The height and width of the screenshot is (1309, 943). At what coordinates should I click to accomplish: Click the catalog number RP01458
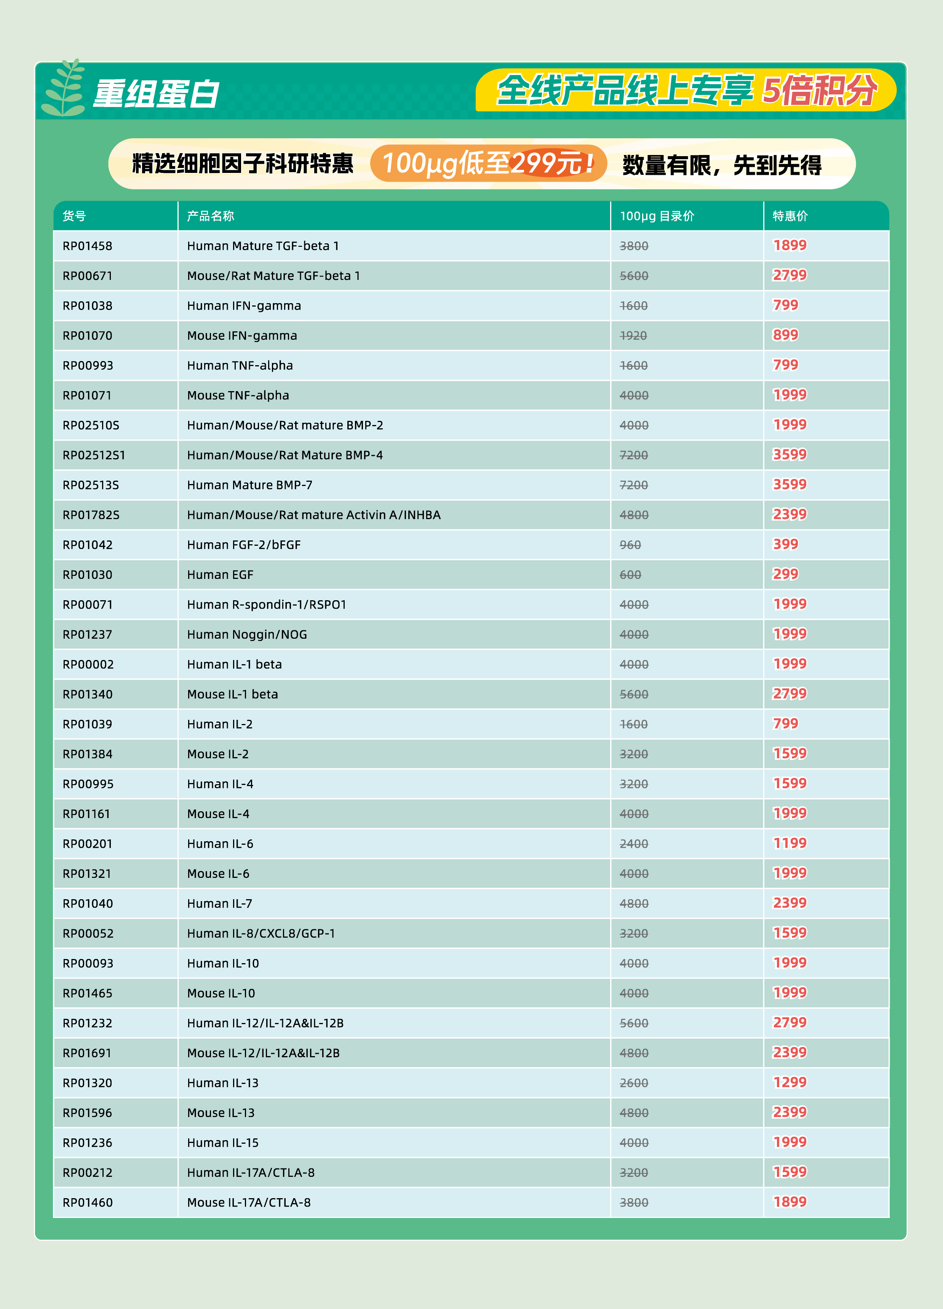click(x=87, y=246)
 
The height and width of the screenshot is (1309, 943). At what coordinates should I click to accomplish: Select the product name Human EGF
click(x=220, y=575)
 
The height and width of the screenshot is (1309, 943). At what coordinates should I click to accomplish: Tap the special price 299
click(x=785, y=574)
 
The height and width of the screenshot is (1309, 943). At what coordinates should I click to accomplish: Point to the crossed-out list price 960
click(x=630, y=545)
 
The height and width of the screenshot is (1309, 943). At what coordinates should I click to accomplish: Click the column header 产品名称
click(x=210, y=216)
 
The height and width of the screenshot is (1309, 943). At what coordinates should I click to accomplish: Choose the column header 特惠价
click(x=790, y=216)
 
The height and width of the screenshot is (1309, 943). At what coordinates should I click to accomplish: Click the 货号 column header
click(x=74, y=216)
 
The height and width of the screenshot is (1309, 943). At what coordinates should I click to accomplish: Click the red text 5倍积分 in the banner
click(x=820, y=91)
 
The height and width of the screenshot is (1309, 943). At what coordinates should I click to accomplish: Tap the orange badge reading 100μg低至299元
click(x=488, y=163)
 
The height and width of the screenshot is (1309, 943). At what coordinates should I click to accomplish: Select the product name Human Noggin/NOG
click(x=247, y=634)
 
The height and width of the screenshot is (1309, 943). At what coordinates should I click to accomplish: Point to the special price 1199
click(x=790, y=843)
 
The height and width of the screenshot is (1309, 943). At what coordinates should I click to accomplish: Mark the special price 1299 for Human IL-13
click(x=790, y=1082)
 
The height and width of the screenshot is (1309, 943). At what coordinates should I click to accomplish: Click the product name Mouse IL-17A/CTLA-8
click(x=249, y=1202)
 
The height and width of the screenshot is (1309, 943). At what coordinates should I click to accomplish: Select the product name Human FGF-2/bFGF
click(x=243, y=545)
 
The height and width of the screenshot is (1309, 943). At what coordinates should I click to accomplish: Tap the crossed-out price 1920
click(x=633, y=336)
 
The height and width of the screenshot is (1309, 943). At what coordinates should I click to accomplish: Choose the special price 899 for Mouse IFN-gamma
click(x=785, y=335)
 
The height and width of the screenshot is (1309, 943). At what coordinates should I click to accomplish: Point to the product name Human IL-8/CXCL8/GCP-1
click(x=261, y=933)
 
